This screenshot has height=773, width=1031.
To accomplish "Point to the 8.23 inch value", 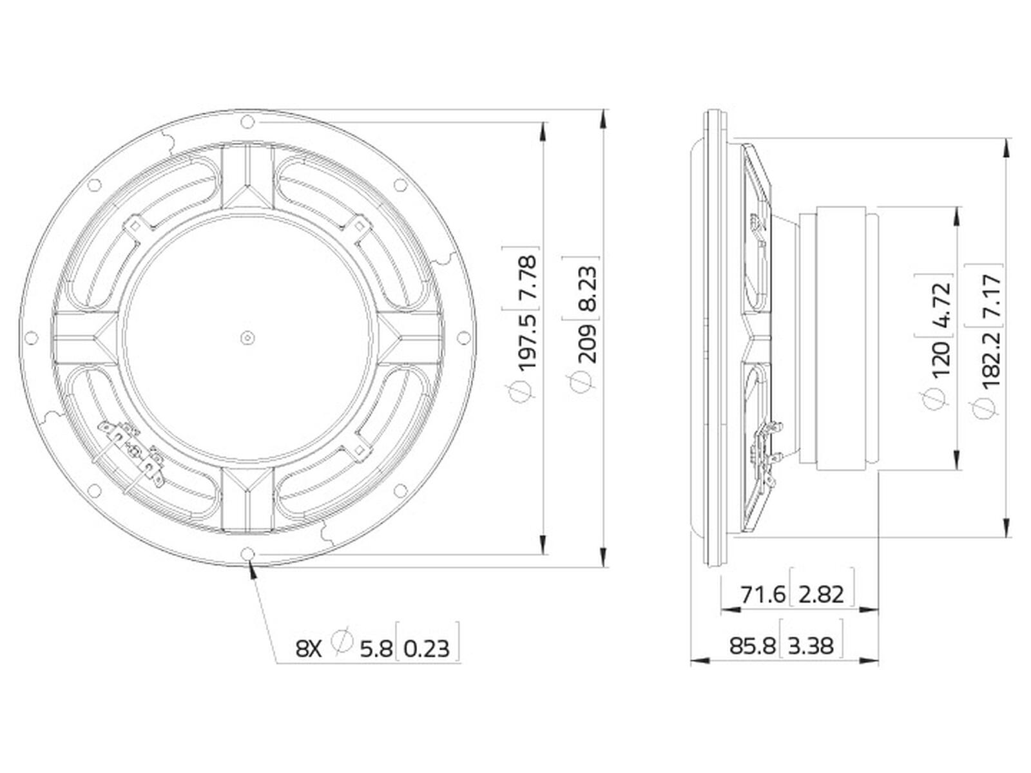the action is pyautogui.click(x=586, y=289).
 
